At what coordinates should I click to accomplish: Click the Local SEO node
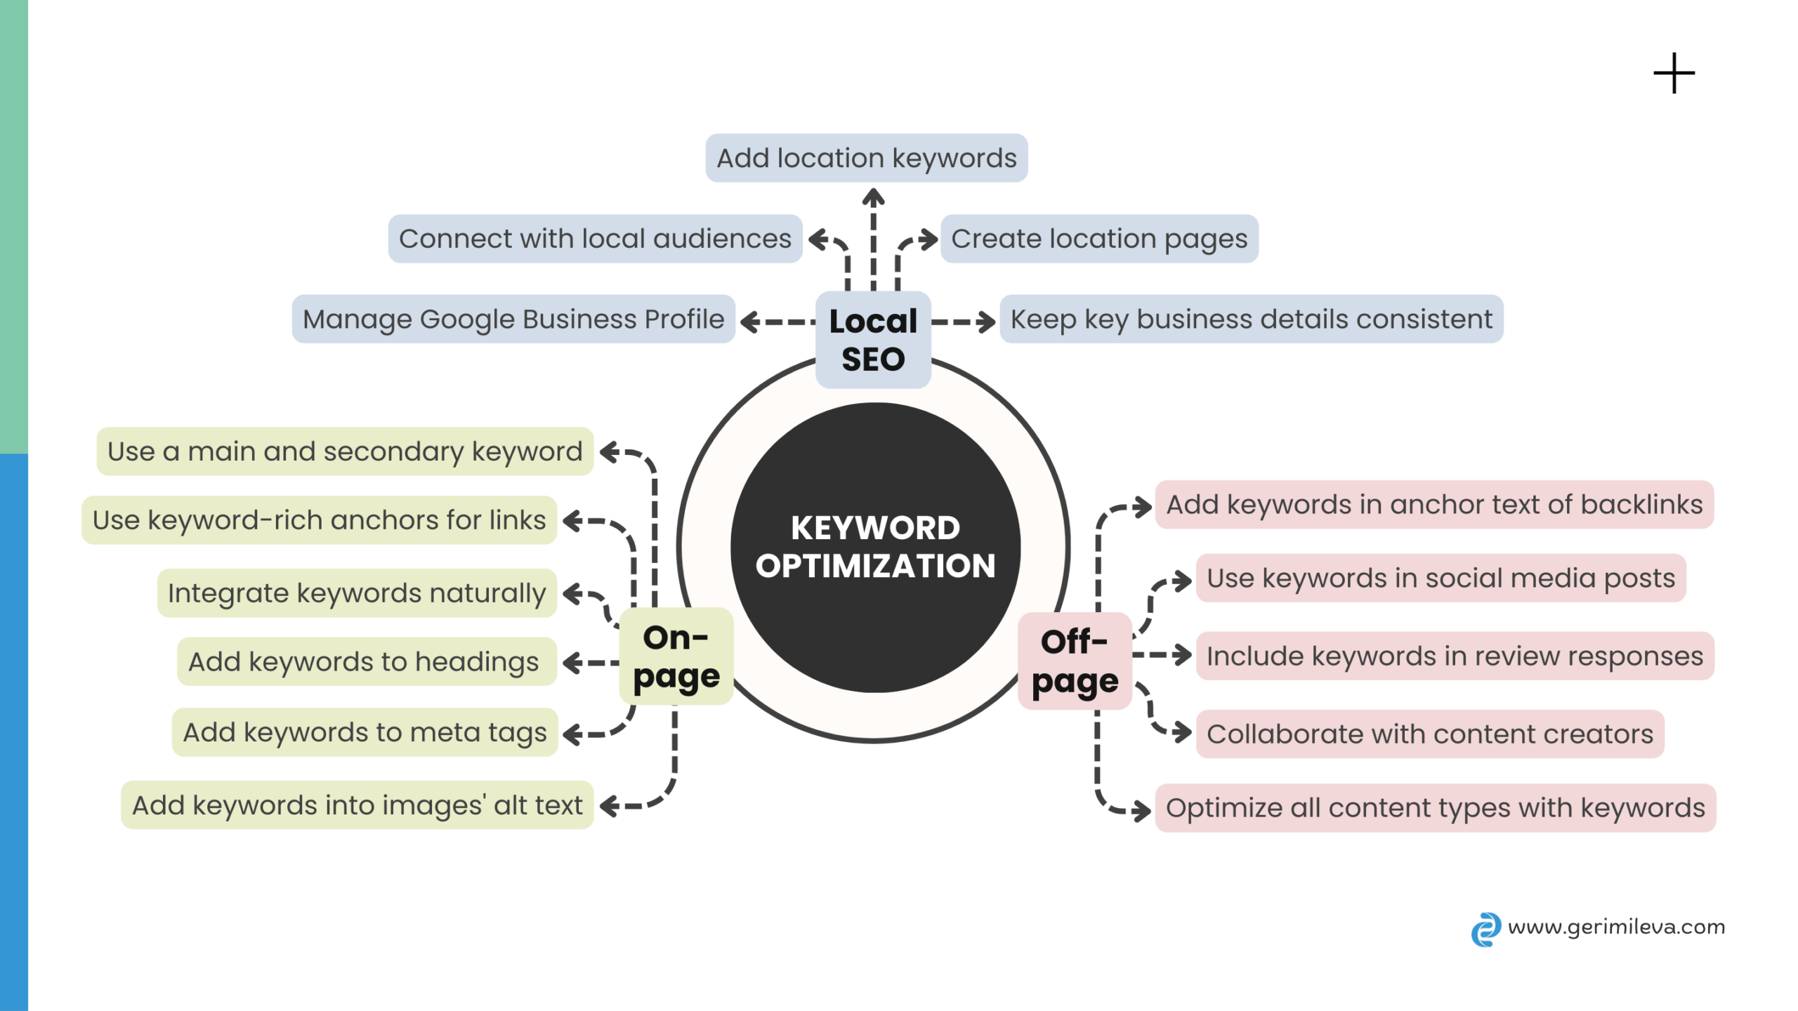point(873,340)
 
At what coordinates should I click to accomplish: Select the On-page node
point(676,656)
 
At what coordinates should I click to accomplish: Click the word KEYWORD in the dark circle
point(875,528)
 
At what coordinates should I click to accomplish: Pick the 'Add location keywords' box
point(866,158)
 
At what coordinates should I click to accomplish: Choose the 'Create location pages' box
point(1099,239)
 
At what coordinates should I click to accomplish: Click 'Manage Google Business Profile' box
point(513,319)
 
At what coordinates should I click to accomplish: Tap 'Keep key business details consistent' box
point(1251,319)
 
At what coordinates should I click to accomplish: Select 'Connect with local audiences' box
point(595,239)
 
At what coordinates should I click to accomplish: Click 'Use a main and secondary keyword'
point(345,451)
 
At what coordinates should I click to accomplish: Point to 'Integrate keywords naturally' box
point(357,593)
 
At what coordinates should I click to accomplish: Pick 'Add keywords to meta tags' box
point(365,732)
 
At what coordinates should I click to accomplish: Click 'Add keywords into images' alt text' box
point(357,805)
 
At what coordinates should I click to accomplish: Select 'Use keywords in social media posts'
point(1441,578)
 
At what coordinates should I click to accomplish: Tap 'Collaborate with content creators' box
point(1430,734)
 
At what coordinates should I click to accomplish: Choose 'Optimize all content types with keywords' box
point(1435,808)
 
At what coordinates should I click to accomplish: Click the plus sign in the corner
point(1674,73)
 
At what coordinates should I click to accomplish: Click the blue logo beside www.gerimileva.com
point(1485,929)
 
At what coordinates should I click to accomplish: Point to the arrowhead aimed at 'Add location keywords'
point(873,197)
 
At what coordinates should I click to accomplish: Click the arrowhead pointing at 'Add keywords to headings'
point(572,662)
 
